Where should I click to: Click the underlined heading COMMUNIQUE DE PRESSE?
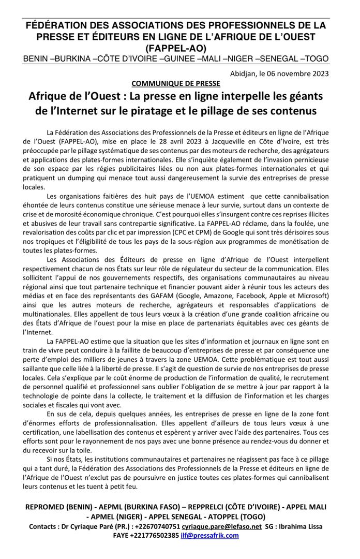(x=176, y=83)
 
